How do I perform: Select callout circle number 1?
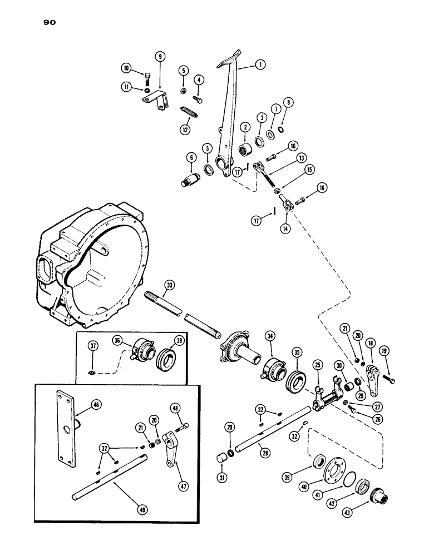[259, 65]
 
